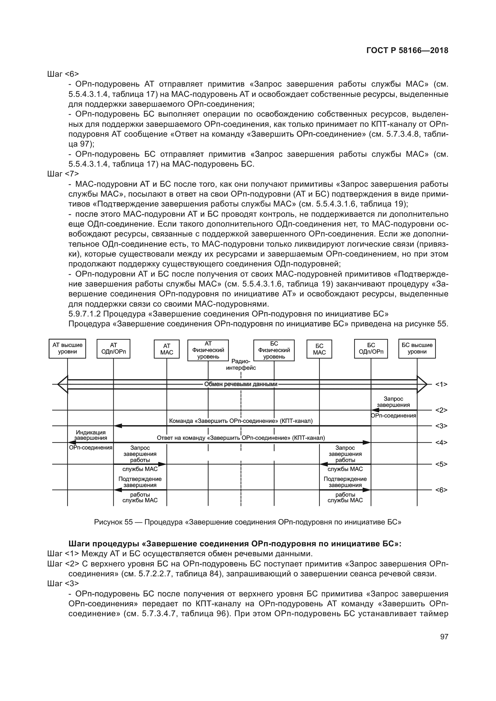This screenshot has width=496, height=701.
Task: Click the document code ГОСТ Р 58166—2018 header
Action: pyautogui.click(x=407, y=51)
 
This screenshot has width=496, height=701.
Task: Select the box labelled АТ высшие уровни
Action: pyautogui.click(x=67, y=348)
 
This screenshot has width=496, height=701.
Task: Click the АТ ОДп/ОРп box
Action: pyautogui.click(x=113, y=348)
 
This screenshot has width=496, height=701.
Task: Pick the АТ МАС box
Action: pyautogui.click(x=166, y=349)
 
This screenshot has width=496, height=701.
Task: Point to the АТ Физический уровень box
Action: pyautogui.click(x=208, y=350)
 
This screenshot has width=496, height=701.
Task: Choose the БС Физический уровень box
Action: pyautogui.click(x=274, y=350)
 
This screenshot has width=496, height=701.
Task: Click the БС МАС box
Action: pyautogui.click(x=319, y=349)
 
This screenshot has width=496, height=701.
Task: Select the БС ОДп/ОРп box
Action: pyautogui.click(x=371, y=348)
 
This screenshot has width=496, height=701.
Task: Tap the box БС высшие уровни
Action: pyautogui.click(x=417, y=348)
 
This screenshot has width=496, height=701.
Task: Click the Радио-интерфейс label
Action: pyautogui.click(x=241, y=365)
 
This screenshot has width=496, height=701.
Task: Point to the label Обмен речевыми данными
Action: pyautogui.click(x=241, y=384)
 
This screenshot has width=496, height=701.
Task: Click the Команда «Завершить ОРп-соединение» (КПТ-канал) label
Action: pyautogui.click(x=241, y=421)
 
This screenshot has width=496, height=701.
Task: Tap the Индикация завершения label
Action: pyautogui.click(x=91, y=435)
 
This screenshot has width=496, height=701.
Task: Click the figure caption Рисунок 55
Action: pyautogui.click(x=113, y=522)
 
